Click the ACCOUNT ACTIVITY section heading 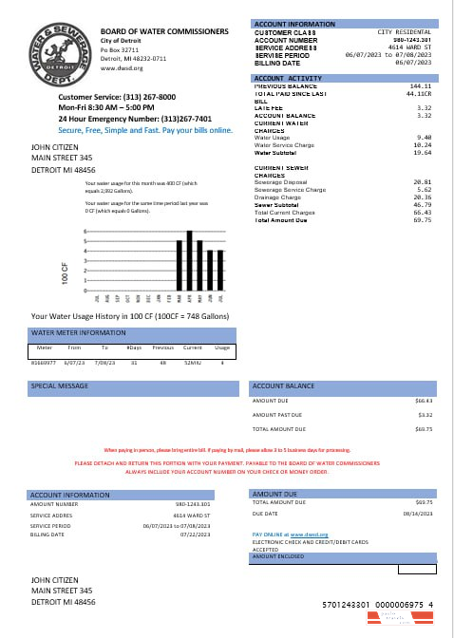point(289,78)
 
